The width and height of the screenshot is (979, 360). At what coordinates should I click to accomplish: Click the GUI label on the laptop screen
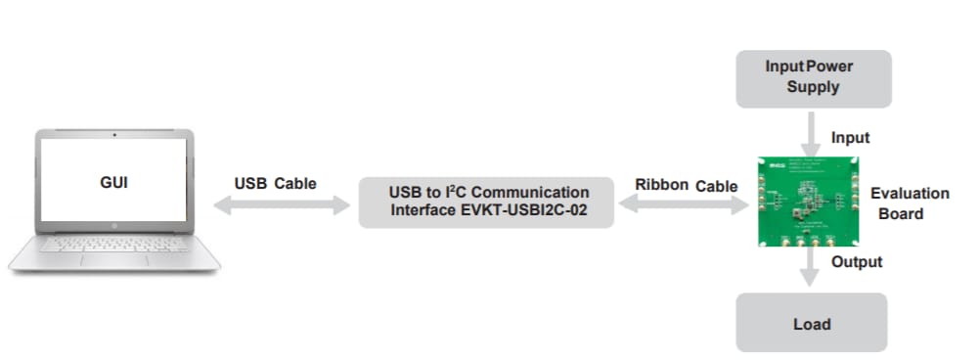pyautogui.click(x=113, y=182)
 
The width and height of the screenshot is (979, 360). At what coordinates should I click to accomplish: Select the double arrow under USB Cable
pyautogui.click(x=282, y=205)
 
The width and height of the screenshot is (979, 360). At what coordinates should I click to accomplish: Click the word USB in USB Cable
pyautogui.click(x=249, y=183)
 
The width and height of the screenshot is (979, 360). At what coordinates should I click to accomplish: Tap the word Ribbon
pyautogui.click(x=662, y=184)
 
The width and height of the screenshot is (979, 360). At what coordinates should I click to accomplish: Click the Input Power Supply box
pyautogui.click(x=814, y=78)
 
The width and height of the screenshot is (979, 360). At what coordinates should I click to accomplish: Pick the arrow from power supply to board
pyautogui.click(x=812, y=131)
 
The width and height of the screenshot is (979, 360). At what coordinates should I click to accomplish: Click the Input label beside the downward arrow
pyautogui.click(x=850, y=138)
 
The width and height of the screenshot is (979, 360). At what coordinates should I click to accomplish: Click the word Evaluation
pyautogui.click(x=910, y=194)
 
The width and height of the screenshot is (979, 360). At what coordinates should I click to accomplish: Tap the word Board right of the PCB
pyautogui.click(x=901, y=213)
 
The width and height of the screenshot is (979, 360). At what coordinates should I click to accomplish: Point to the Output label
pyautogui.click(x=857, y=262)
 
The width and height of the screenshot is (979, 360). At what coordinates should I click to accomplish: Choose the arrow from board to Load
pyautogui.click(x=810, y=265)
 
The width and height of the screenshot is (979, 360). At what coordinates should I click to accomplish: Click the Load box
pyautogui.click(x=812, y=324)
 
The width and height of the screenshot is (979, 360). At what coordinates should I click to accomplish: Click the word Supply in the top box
pyautogui.click(x=813, y=87)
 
